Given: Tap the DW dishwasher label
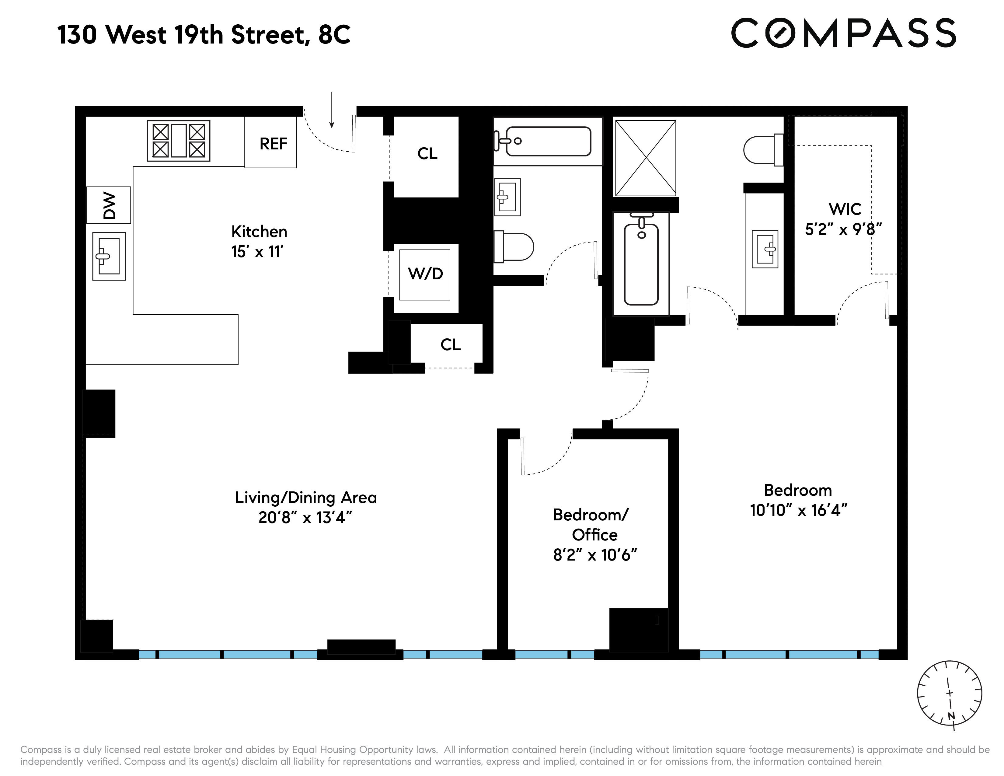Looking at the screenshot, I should (x=109, y=205).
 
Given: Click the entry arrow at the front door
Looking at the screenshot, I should (x=331, y=110).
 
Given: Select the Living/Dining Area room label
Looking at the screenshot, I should (x=306, y=498).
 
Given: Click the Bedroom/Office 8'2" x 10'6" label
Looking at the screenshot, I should (x=594, y=535).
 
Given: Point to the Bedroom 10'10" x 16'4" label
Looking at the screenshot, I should (x=798, y=500).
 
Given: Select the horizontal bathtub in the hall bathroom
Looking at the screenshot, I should (x=547, y=141).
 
